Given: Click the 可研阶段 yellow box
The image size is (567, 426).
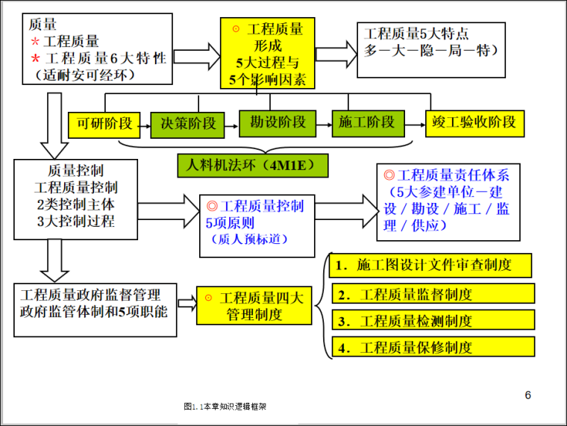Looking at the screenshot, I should coord(104,124).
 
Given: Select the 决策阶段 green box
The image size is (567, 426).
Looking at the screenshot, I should coord(188,124).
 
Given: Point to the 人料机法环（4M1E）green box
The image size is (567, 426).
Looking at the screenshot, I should coord(253,165).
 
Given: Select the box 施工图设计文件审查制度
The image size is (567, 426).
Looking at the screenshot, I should coord(431,266).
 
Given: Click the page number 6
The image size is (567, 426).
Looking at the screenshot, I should coord(527,395).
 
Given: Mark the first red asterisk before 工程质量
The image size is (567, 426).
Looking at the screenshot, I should coord(35,42).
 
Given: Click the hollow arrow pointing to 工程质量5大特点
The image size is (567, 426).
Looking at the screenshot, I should coord(336,55).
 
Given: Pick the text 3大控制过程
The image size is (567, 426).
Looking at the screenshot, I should coord(75,222).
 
